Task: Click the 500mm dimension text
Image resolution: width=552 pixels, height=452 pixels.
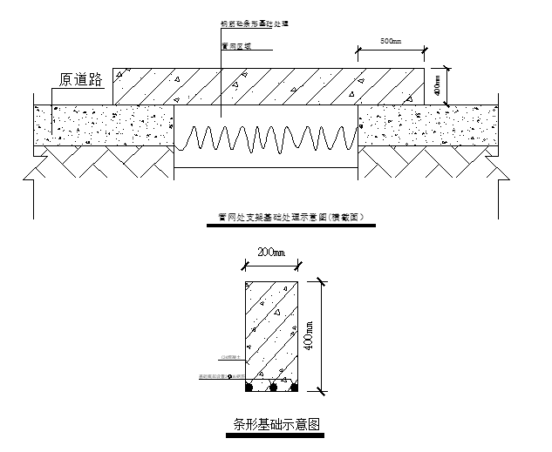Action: [390, 41]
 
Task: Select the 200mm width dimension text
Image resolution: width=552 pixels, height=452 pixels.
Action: [270, 253]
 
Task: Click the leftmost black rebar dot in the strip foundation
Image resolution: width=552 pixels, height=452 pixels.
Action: [250, 386]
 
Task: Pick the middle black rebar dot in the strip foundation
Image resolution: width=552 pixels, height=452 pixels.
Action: [272, 386]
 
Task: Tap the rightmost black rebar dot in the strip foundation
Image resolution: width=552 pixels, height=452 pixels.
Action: [294, 386]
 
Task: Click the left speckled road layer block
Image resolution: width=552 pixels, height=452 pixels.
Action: [104, 125]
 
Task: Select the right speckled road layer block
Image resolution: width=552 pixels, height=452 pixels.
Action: [427, 125]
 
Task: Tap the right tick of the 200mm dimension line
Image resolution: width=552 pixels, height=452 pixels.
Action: [299, 264]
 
